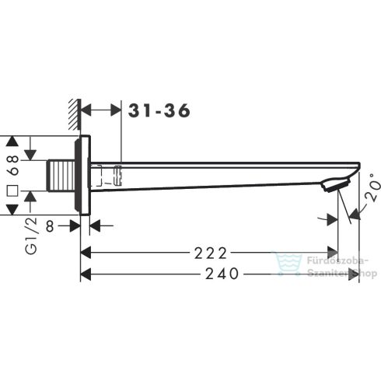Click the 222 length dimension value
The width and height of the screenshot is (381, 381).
pyautogui.click(x=211, y=253)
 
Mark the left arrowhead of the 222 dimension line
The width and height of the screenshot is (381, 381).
pyautogui.click(x=87, y=253)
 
